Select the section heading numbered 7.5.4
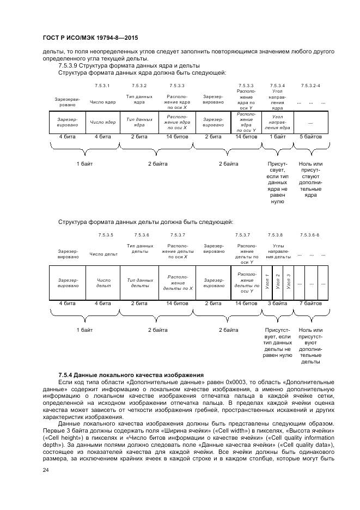(x=131, y=375)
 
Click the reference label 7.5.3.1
(x=102, y=86)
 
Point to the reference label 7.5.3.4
(x=277, y=86)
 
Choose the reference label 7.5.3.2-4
(x=310, y=86)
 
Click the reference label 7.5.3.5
(x=106, y=235)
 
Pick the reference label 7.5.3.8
(x=276, y=235)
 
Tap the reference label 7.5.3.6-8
(x=310, y=235)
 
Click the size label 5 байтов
(x=310, y=137)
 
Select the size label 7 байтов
(x=310, y=303)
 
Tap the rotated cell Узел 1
(x=267, y=282)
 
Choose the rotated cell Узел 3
(x=288, y=282)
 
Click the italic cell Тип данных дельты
(x=139, y=282)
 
